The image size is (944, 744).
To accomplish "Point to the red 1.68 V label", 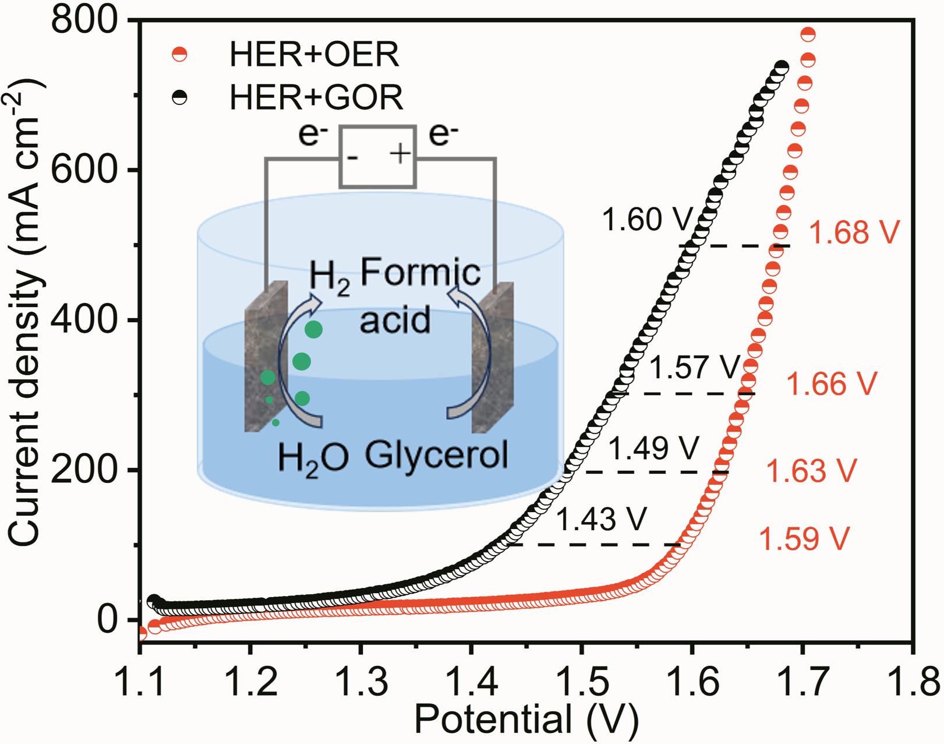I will coord(854,232).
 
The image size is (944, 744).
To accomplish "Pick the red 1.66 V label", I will coord(831,385).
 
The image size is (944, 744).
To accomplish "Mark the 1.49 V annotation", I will coord(653,448).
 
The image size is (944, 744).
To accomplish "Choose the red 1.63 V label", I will coord(811,471).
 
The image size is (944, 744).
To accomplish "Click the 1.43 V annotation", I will coord(602,519).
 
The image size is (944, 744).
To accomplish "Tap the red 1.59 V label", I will coord(804,539).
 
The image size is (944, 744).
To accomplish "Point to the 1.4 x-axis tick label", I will coord(471,682).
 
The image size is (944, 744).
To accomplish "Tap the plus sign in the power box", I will coord(401,154).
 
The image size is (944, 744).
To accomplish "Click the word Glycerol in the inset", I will coord(436,454).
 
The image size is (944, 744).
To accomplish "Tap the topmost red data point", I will coord(808,34).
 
